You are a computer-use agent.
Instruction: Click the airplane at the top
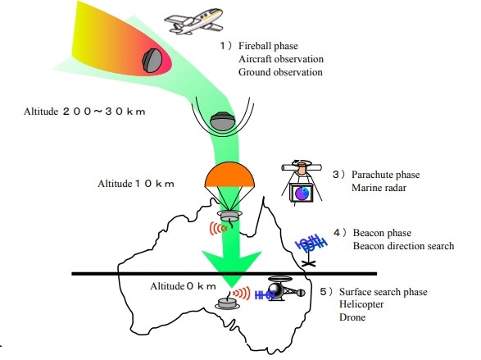[194, 21]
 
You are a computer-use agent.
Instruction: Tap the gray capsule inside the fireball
[152, 61]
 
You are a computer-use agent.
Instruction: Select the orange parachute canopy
[229, 175]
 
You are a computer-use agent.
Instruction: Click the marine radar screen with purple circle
[302, 193]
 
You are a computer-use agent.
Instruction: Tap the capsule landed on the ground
[227, 303]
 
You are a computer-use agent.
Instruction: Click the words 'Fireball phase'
[268, 46]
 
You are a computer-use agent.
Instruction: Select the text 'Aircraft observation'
[281, 59]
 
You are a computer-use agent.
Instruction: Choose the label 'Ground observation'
[280, 72]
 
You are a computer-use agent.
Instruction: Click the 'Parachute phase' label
[385, 175]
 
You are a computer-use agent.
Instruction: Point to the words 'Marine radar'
[379, 188]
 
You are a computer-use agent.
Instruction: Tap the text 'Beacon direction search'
[403, 246]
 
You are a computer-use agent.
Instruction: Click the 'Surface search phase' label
[383, 292]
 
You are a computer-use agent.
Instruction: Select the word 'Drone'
[352, 317]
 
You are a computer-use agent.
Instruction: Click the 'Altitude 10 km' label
[136, 184]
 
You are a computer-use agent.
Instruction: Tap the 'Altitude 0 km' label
[183, 286]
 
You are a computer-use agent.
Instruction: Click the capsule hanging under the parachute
[229, 216]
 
